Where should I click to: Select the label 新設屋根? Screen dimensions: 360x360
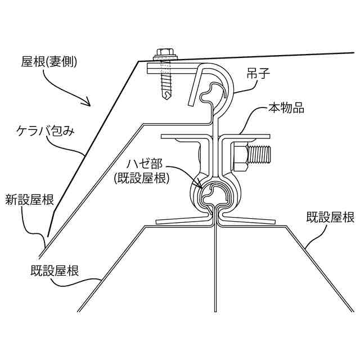tap(30, 199)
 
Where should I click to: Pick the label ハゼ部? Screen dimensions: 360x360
tap(145, 164)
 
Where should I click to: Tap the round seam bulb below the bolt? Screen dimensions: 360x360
tap(214, 194)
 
